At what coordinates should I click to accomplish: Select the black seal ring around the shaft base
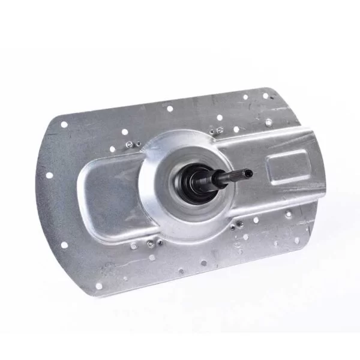pyautogui.click(x=203, y=183)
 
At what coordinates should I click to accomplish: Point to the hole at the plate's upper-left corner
pyautogui.click(x=64, y=125)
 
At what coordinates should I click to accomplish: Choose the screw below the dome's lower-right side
pyautogui.click(x=240, y=224)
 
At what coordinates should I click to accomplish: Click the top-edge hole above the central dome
pyautogui.click(x=169, y=109)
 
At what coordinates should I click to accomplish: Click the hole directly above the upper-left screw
pyautogui.click(x=124, y=131)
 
